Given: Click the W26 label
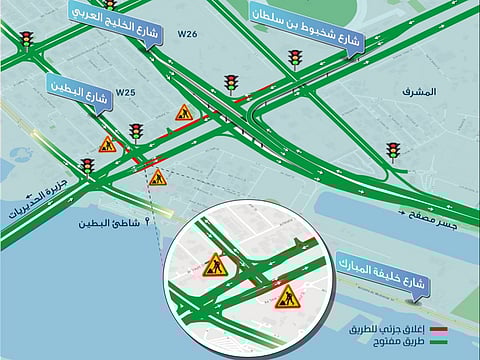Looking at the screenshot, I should click(187, 35).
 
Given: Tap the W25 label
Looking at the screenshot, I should click(125, 92).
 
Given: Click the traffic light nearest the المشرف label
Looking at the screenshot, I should click(393, 151).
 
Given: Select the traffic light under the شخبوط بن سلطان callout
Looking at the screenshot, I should click(295, 60).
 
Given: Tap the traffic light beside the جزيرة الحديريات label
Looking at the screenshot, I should click(88, 166).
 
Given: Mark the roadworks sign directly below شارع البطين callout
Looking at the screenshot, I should click(107, 144).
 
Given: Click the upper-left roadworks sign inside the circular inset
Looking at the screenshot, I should click(214, 265).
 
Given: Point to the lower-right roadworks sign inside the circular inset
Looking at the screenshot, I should click(287, 296).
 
